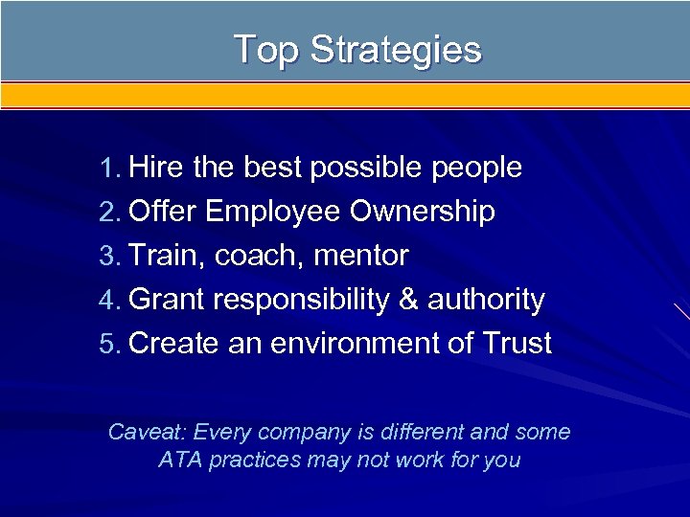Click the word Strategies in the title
click(395, 51)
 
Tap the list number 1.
click(107, 169)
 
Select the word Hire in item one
click(156, 168)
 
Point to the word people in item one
click(475, 169)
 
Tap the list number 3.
click(107, 257)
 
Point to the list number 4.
click(107, 301)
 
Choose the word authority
click(486, 301)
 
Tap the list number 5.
click(107, 344)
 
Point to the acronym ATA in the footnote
click(180, 461)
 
